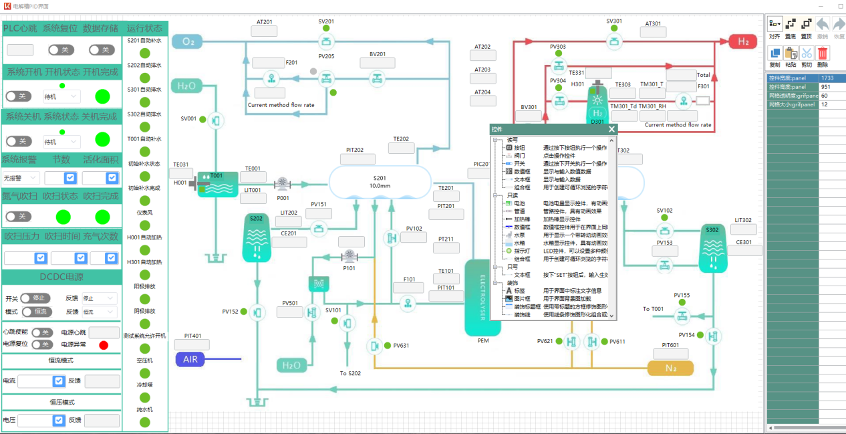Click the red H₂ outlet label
[743, 41]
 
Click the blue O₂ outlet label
[188, 42]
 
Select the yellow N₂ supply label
[670, 368]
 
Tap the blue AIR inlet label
[190, 360]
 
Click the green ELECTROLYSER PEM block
[482, 298]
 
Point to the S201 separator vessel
[380, 182]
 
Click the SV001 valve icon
[215, 120]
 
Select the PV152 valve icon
[257, 312]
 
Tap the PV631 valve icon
[374, 346]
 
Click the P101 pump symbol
[349, 255]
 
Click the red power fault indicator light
[104, 345]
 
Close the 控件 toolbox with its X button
[611, 129]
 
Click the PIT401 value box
[192, 345]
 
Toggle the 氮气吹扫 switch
[19, 217]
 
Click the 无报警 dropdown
[21, 179]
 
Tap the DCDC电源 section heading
[61, 277]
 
